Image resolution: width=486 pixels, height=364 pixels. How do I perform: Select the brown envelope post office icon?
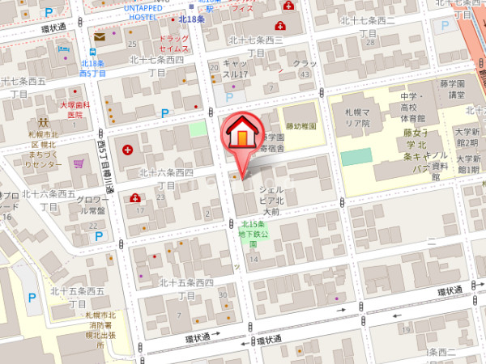[x=100, y=36]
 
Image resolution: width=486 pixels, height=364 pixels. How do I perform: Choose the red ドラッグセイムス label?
[x=174, y=45]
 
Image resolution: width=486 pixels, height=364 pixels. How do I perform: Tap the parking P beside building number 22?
[x=166, y=114]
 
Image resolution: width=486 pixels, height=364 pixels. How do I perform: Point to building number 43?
[x=305, y=74]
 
